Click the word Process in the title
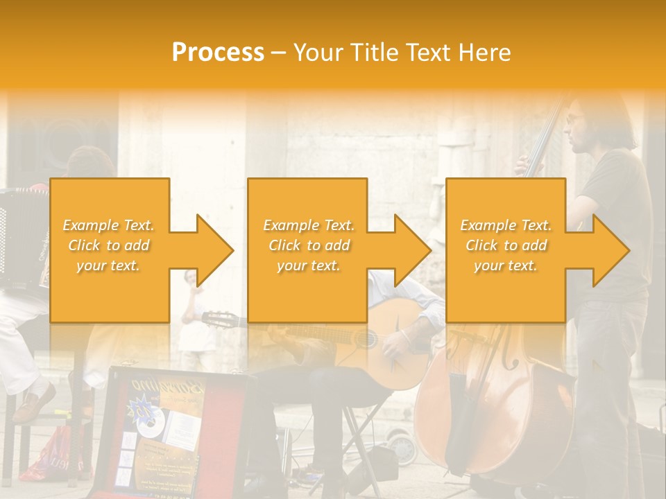tap(218, 53)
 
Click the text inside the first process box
tap(109, 245)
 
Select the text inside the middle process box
tap(309, 245)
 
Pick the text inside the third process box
tap(506, 245)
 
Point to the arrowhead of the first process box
tap(214, 250)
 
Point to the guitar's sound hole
tap(364, 340)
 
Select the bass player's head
tap(583, 125)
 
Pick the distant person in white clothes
tap(193, 312)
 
